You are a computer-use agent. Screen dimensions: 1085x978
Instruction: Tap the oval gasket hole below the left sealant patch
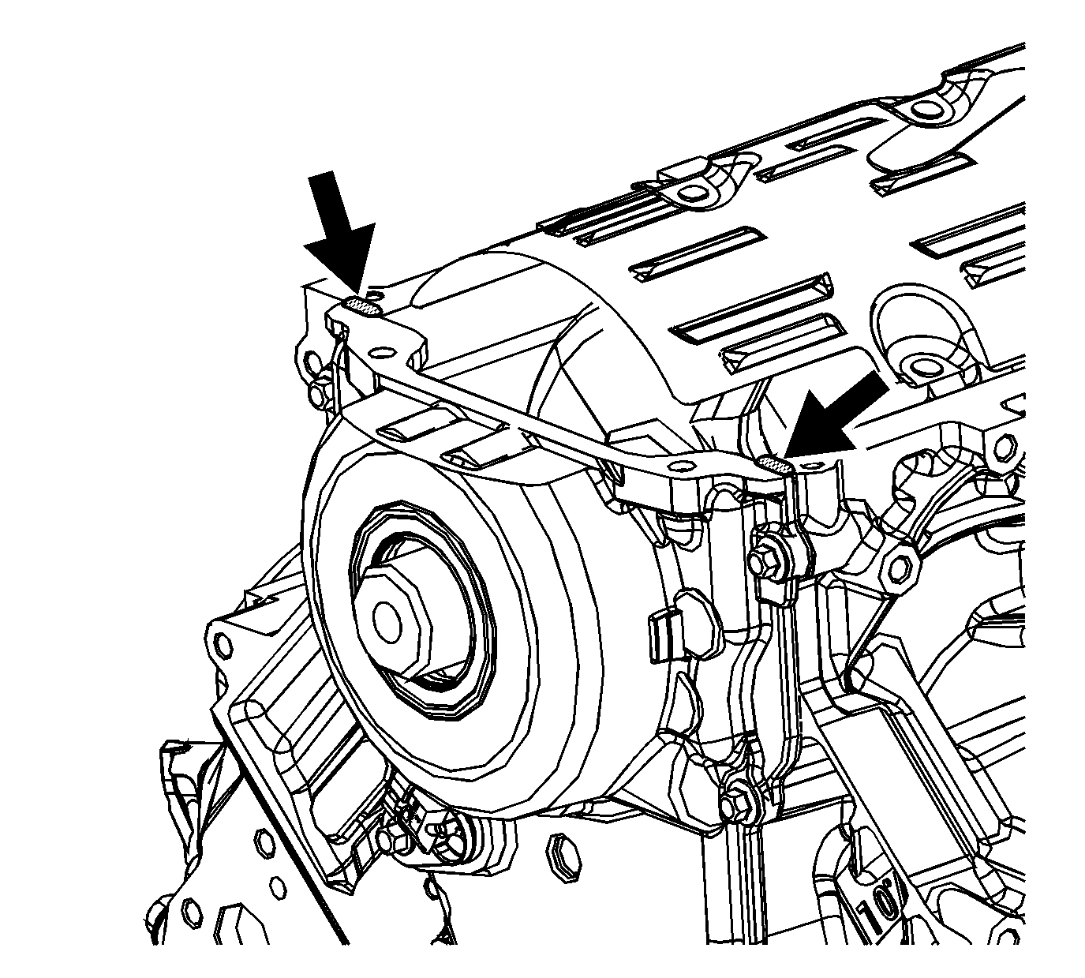(x=381, y=353)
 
